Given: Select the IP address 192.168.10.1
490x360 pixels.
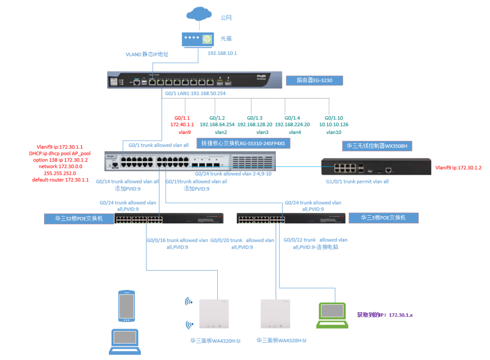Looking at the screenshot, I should pyautogui.click(x=222, y=53).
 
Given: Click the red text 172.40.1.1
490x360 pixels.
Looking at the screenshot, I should pyautogui.click(x=182, y=124).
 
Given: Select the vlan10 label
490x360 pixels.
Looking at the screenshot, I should pyautogui.click(x=333, y=132).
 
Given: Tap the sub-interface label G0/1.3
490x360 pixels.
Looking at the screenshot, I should pyautogui.click(x=255, y=117).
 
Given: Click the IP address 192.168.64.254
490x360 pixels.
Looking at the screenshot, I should pyautogui.click(x=217, y=124).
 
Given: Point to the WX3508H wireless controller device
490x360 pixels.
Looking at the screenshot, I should pyautogui.click(x=376, y=167).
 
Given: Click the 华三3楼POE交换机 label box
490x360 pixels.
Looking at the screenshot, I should pyautogui.click(x=383, y=218).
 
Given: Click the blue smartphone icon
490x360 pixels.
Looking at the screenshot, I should pyautogui.click(x=127, y=306).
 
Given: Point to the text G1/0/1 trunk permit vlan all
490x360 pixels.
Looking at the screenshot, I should pyautogui.click(x=358, y=181).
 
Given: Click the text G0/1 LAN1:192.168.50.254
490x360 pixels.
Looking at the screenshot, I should pyautogui.click(x=195, y=94).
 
